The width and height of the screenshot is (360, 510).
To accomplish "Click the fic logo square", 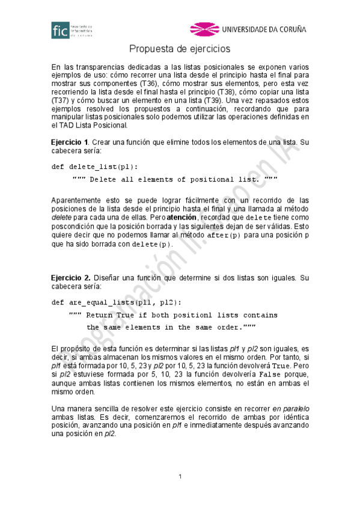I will (60, 30).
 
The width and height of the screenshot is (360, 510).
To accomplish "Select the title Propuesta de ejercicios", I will (180, 49).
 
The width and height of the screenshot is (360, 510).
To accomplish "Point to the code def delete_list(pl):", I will (94, 167).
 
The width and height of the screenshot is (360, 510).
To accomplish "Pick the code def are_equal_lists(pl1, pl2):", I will (116, 302).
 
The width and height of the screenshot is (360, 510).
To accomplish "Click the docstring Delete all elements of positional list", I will (174, 179).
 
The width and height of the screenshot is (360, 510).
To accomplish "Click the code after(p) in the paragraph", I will (223, 235).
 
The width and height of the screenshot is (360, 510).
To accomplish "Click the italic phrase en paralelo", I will (290, 408).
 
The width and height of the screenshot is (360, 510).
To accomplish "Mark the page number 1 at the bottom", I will (180, 477).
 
